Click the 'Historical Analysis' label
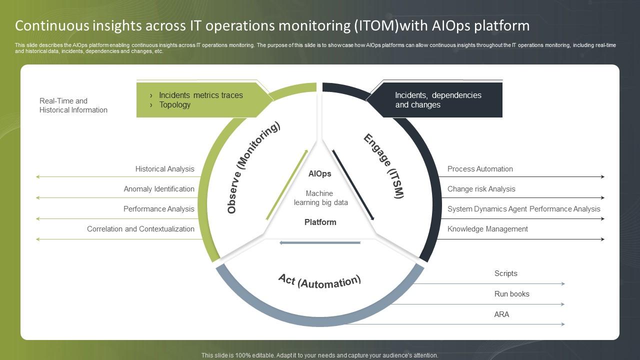[164, 169]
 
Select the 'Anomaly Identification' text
[159, 189]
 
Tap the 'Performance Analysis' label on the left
[159, 209]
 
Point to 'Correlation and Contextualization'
[140, 229]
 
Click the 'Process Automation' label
[480, 169]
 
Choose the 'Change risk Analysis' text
[481, 189]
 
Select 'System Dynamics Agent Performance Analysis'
[523, 209]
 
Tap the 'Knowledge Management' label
[487, 229]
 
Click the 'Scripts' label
[505, 273]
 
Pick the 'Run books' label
[511, 294]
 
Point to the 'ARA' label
[501, 314]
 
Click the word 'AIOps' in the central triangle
[320, 174]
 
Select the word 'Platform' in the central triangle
[320, 222]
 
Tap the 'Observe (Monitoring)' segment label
[253, 167]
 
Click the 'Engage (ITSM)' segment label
[383, 166]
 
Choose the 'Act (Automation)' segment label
[319, 281]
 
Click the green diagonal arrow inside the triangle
[287, 185]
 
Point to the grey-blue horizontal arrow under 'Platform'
[320, 243]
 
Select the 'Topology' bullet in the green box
[174, 104]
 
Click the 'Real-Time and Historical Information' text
[73, 105]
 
